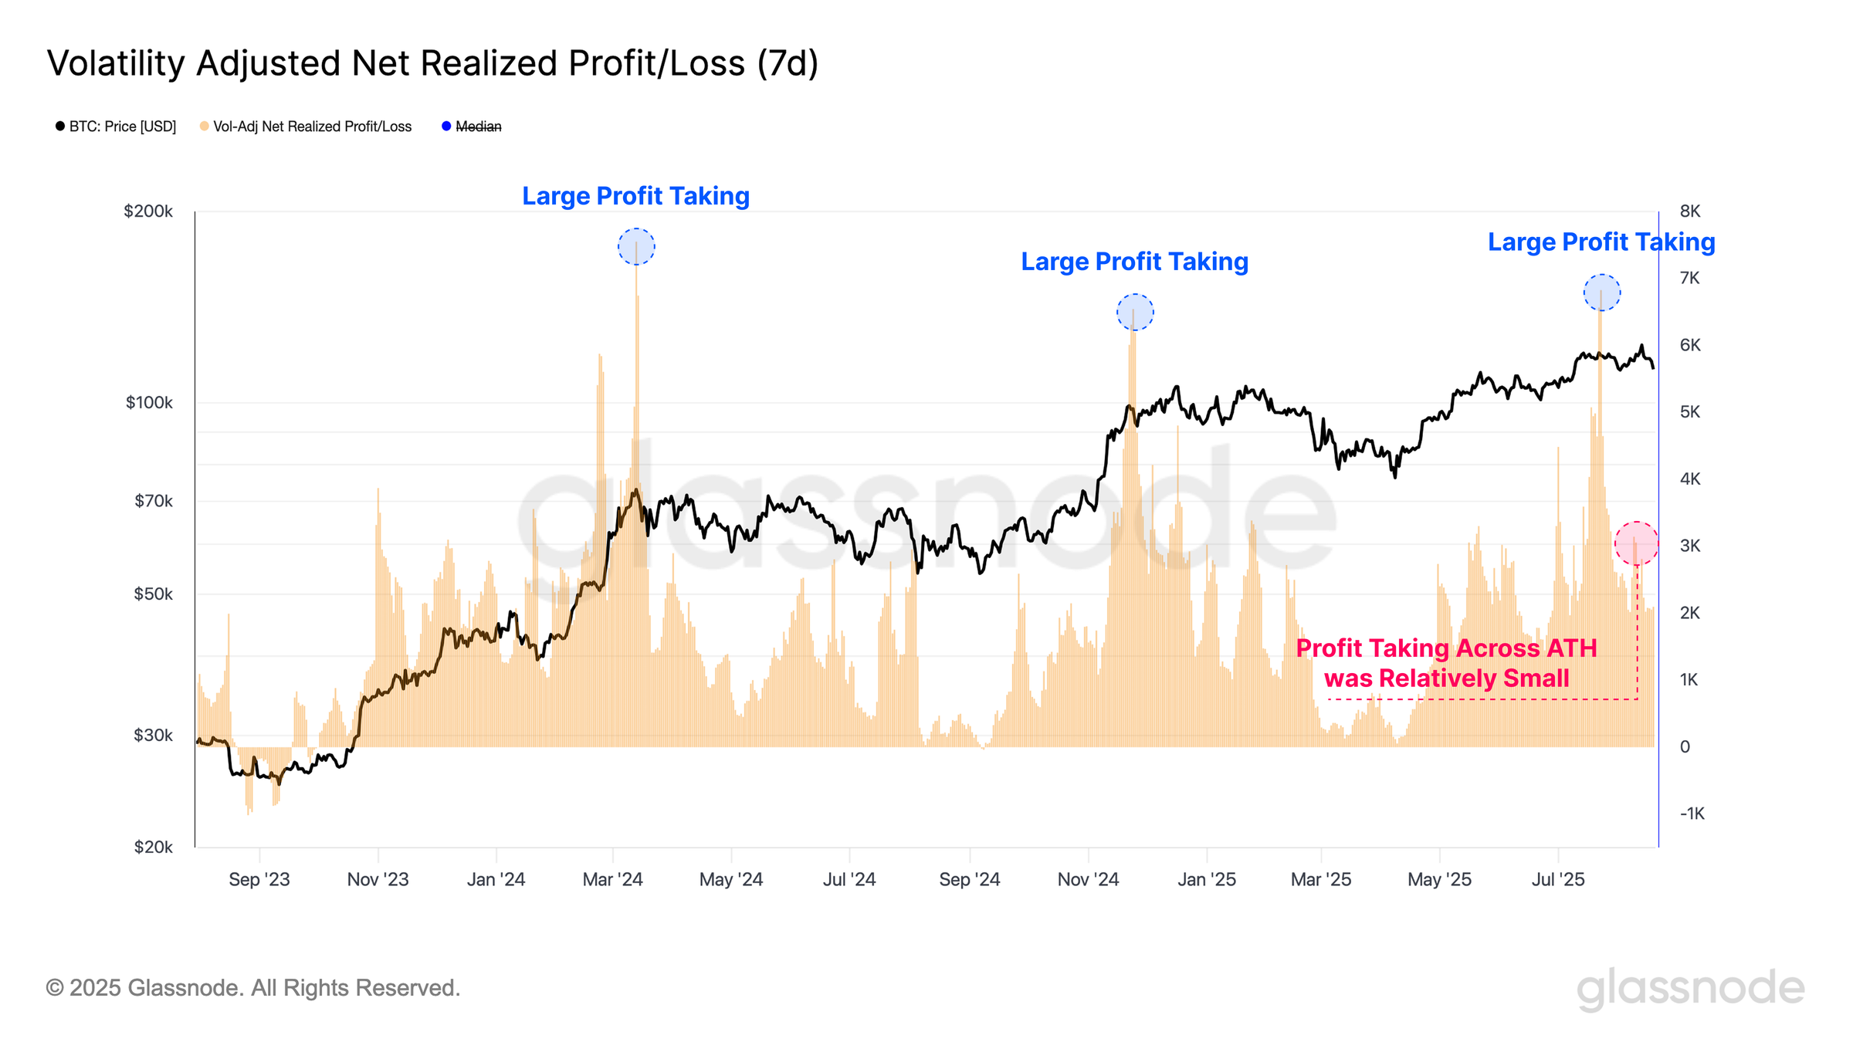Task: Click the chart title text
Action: (432, 63)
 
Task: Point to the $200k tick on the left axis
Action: (148, 211)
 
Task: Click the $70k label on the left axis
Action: (154, 501)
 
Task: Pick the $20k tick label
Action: (153, 847)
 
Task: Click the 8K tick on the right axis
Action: (1690, 211)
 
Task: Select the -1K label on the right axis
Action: (1692, 814)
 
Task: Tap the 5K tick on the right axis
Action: (1690, 412)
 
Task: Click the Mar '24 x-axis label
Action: (612, 879)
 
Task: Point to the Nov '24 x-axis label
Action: (1088, 879)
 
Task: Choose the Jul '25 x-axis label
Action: (1558, 879)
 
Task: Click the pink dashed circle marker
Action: (1636, 543)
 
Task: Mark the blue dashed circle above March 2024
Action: (636, 247)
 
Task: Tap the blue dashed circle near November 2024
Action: (1135, 313)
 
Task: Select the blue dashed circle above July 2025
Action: (1602, 293)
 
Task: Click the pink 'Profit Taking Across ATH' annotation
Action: (1446, 663)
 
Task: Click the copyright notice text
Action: (253, 988)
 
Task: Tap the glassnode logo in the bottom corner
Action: (1690, 988)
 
